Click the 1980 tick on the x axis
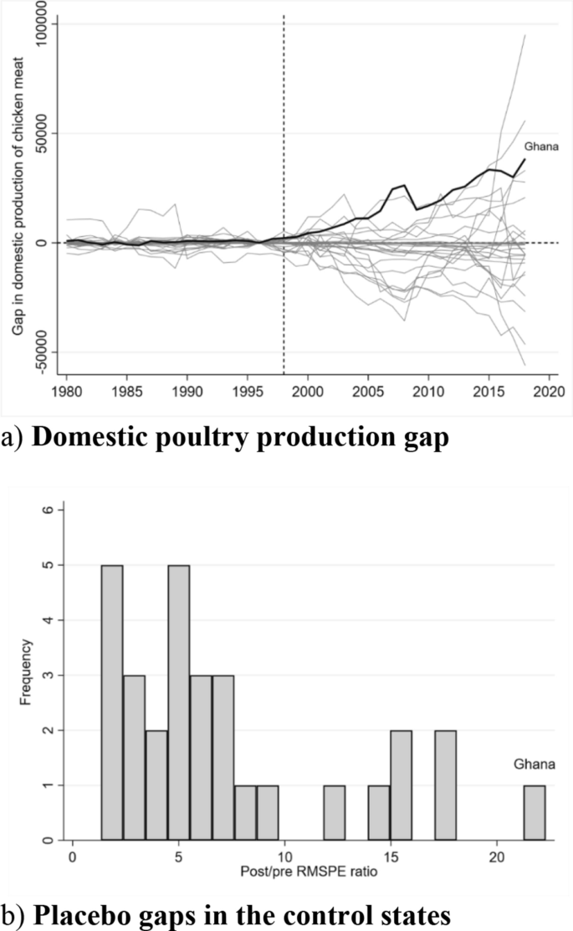pos(66,392)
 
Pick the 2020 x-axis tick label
pos(548,392)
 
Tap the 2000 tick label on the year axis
pos(307,392)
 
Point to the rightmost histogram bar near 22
pos(535,812)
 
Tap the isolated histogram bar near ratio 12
pos(334,812)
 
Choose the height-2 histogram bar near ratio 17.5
pos(445,784)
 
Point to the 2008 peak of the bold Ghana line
pos(404,185)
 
